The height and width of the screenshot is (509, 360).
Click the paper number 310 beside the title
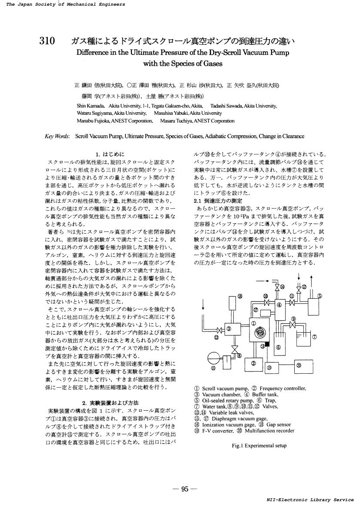47,41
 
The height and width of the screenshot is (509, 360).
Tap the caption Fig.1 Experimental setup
259,445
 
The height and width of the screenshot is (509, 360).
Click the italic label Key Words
57,136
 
